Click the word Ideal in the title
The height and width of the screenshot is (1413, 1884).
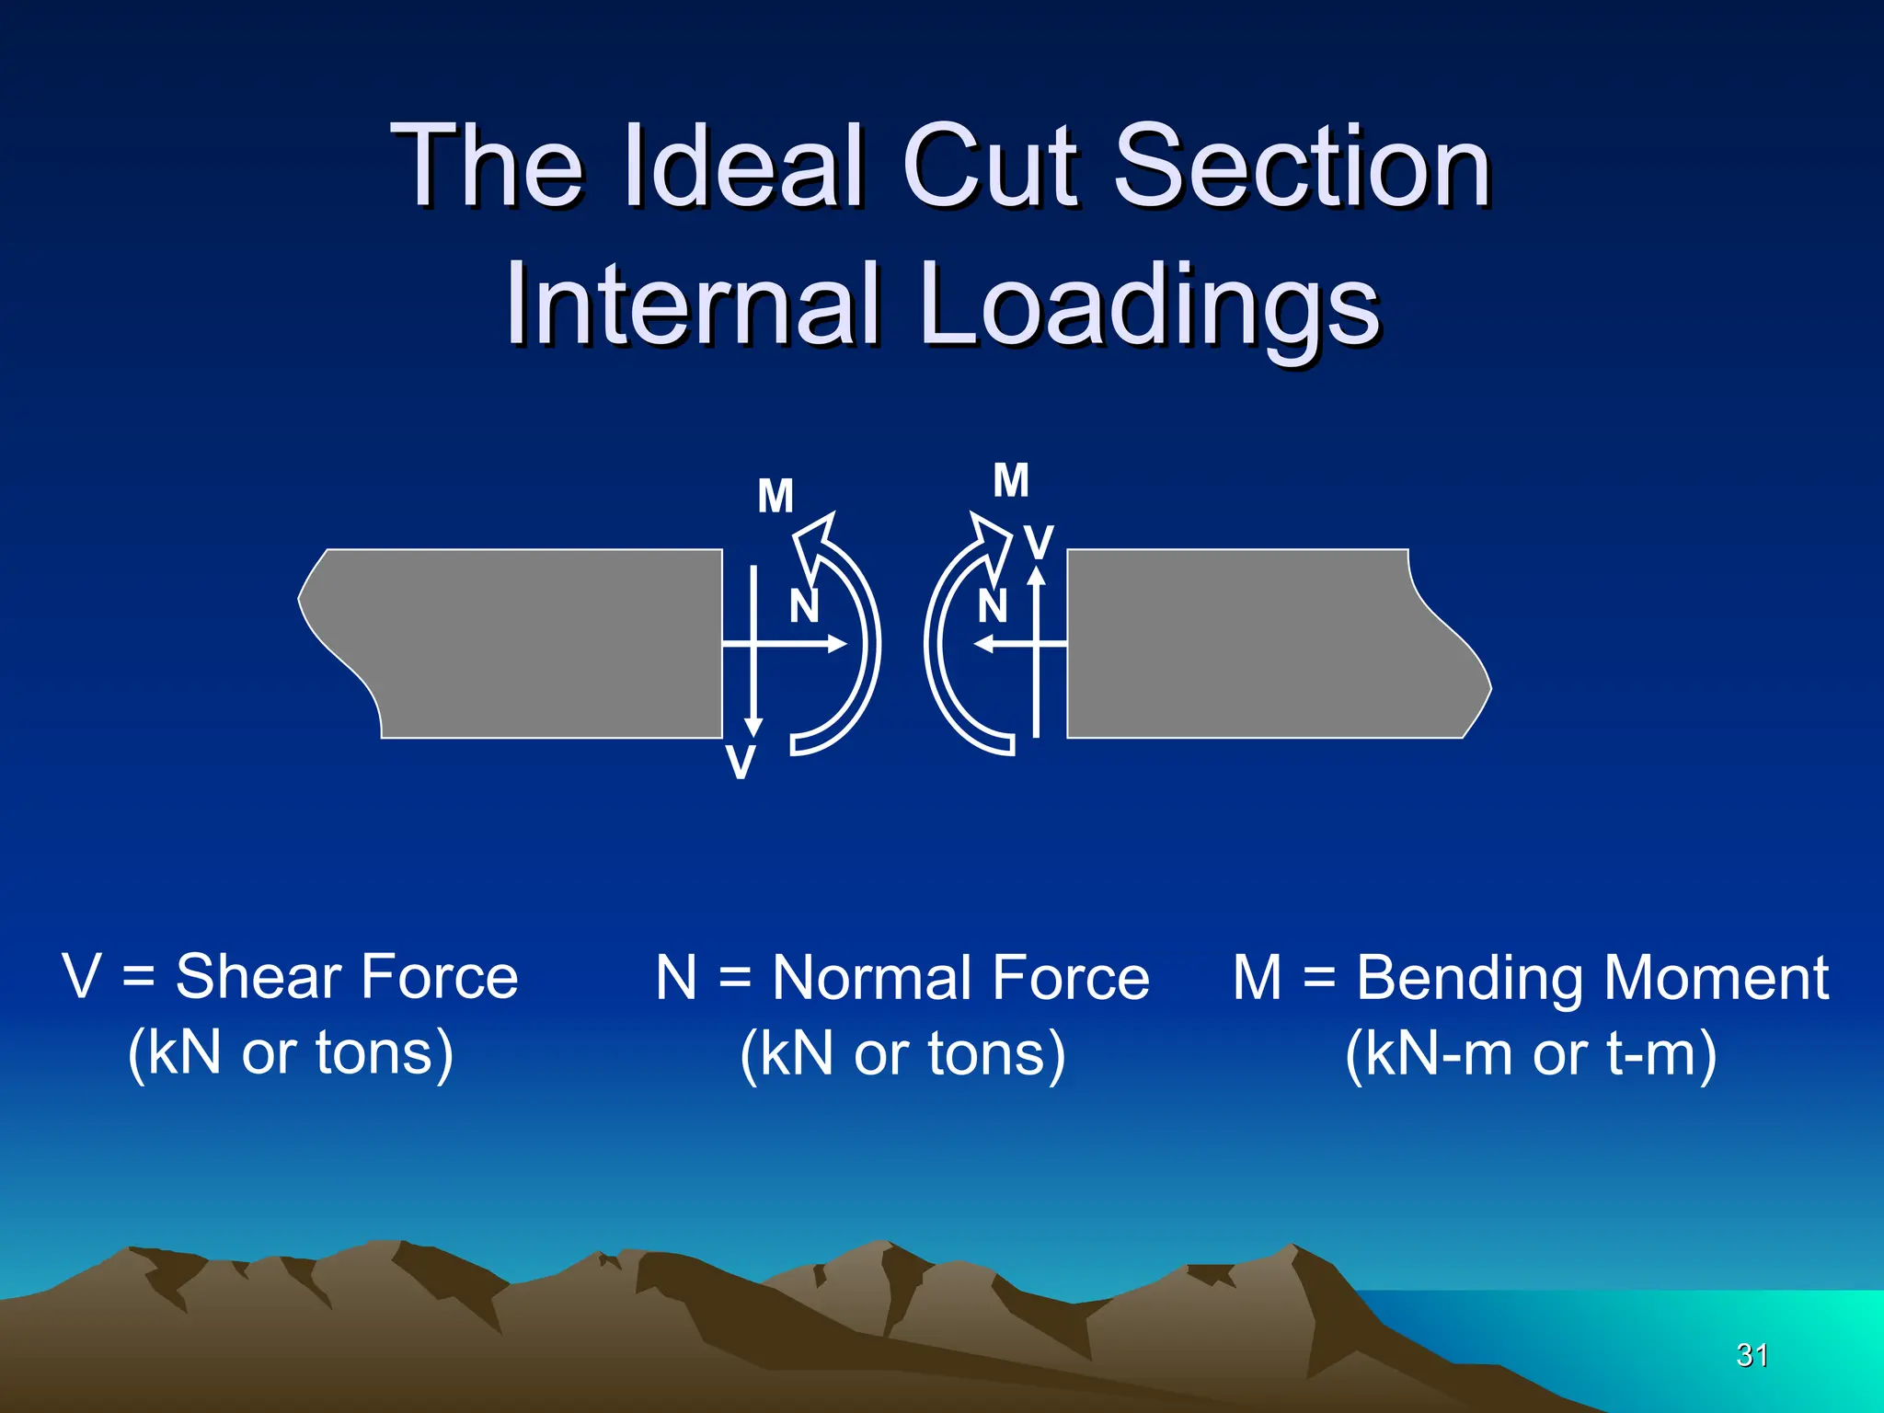pos(743,167)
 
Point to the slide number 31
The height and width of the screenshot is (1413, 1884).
pos(1752,1355)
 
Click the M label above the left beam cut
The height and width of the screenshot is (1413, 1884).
pos(775,497)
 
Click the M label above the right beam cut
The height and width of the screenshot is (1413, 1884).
pos(1011,481)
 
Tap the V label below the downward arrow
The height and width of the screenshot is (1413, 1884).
pos(741,763)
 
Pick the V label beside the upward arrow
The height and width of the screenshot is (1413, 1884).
pos(1040,543)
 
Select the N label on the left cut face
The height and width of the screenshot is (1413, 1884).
pos(804,606)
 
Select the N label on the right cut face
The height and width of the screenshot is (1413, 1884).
pos(992,606)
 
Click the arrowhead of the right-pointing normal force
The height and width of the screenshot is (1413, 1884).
pos(837,644)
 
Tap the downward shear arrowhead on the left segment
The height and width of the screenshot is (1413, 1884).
pos(753,727)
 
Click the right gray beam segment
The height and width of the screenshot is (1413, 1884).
pos(1260,644)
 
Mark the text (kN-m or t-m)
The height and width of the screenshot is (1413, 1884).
pos(1531,1053)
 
